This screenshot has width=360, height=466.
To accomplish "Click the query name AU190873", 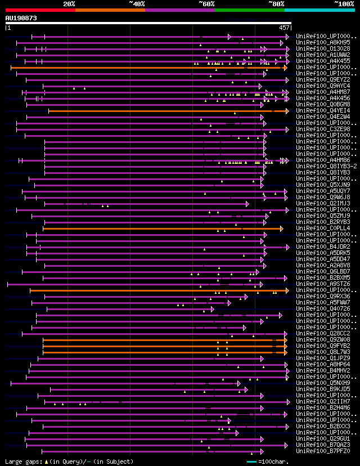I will click(21, 18).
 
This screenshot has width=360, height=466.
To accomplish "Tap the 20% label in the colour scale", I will click(69, 4).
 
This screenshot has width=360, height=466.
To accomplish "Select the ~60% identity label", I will click(206, 4).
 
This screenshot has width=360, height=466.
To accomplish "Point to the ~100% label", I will click(344, 4).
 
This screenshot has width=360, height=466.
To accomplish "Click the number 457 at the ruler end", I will click(284, 28).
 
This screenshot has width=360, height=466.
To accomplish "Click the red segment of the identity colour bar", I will click(40, 10).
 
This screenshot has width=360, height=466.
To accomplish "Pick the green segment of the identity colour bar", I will click(249, 10).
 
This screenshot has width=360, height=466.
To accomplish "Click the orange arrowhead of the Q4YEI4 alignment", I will click(283, 111).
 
